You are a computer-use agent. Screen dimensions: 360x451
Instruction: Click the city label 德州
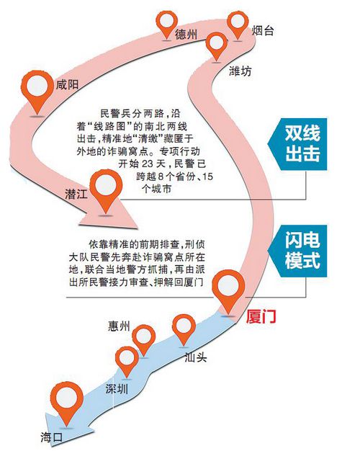pos(186,35)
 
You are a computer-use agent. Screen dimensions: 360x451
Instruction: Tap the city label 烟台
pos(263,30)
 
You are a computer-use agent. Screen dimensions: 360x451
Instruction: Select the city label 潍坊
pos(240,71)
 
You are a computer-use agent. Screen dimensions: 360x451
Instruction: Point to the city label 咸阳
pos(67,84)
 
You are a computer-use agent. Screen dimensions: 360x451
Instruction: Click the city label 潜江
pos(76,194)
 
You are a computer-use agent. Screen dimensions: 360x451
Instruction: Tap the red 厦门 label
pos(261,317)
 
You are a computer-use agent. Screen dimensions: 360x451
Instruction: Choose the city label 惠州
pos(119,326)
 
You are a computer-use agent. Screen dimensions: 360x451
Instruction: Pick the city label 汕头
pos(196,357)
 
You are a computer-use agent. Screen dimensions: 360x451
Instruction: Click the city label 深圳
pos(117,389)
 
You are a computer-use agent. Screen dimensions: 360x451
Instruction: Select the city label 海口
pos(51,437)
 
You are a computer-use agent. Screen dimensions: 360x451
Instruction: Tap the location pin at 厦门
pos(228,290)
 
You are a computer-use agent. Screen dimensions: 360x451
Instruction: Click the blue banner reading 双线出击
pos(298,144)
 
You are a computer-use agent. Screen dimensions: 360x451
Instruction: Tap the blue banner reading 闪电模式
pos(298,251)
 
